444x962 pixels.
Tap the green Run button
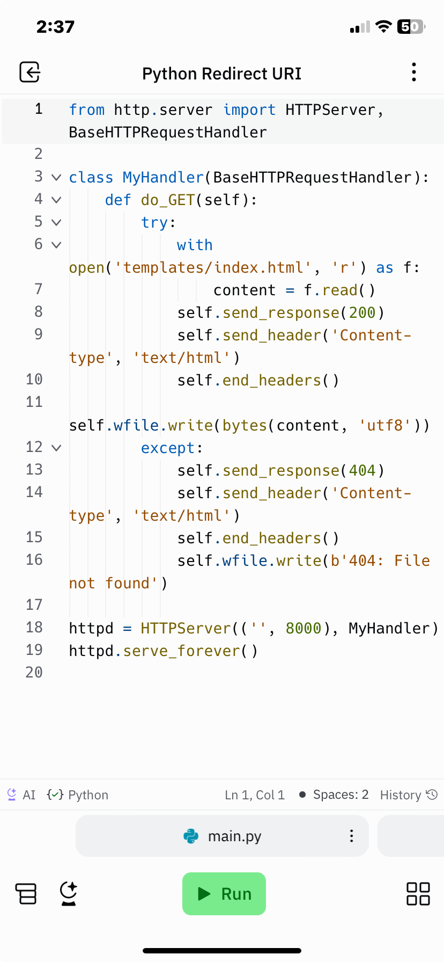click(224, 894)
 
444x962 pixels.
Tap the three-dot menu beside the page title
click(413, 72)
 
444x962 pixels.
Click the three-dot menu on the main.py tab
click(351, 836)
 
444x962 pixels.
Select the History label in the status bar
click(401, 795)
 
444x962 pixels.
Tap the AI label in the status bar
click(29, 795)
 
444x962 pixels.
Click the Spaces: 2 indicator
click(341, 795)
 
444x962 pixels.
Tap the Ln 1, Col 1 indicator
click(255, 795)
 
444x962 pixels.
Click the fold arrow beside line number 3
click(56, 177)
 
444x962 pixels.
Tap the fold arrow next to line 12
click(56, 448)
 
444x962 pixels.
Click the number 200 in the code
click(362, 312)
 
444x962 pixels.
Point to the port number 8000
click(304, 628)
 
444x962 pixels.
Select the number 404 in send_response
click(362, 470)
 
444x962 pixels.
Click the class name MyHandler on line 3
click(163, 177)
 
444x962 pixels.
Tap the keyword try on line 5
click(154, 223)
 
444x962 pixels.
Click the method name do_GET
click(168, 200)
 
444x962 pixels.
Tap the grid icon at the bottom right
click(418, 894)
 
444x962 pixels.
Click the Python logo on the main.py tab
click(191, 836)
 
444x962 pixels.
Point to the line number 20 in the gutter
click(34, 672)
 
